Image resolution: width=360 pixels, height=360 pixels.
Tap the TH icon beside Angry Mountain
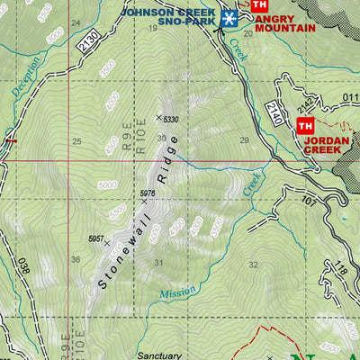pyautogui.click(x=261, y=5)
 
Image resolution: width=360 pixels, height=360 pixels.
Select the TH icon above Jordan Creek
pyautogui.click(x=306, y=126)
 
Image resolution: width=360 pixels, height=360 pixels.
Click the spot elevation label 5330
pyautogui.click(x=172, y=118)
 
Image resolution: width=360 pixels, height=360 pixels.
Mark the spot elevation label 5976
pyautogui.click(x=149, y=193)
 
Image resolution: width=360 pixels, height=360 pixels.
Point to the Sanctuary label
pyautogui.click(x=160, y=355)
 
